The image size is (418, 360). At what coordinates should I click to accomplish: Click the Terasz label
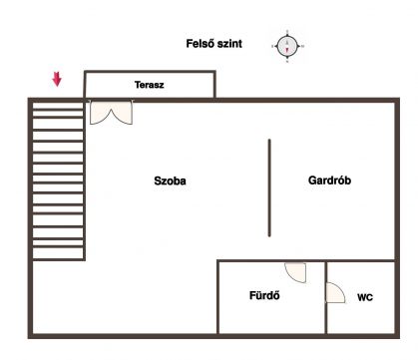point(150,85)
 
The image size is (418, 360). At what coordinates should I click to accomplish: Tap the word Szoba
point(170,180)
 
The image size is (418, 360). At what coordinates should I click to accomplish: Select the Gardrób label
point(329,180)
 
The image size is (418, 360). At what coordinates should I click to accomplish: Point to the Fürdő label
point(264,295)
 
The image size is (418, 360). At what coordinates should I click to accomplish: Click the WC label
point(365,297)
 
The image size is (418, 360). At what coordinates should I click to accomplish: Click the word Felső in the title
point(201,44)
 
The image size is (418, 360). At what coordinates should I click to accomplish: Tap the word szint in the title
point(229,44)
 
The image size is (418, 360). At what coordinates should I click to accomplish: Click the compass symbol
point(287,46)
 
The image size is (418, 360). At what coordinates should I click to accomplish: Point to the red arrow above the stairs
point(57,80)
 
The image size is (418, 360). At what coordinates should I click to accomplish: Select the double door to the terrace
point(111,113)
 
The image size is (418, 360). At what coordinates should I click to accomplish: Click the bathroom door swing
point(295,272)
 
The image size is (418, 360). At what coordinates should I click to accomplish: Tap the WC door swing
point(335,293)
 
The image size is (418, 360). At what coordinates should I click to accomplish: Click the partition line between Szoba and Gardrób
point(269,187)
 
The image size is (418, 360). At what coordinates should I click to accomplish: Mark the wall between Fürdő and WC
point(326,297)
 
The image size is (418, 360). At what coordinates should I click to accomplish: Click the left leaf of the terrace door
point(100,113)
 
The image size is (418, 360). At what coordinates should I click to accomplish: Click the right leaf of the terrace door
point(122,113)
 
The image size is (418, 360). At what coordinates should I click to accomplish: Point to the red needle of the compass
point(287,51)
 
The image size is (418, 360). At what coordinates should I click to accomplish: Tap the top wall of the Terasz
point(150,72)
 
